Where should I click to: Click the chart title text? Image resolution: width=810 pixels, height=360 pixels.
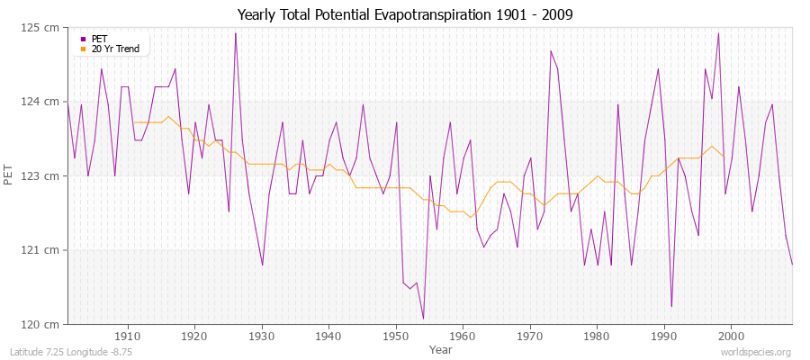(x=405, y=15)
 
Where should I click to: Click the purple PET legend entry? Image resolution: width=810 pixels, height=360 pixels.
(x=99, y=39)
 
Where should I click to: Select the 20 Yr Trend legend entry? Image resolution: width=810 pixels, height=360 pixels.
(x=115, y=49)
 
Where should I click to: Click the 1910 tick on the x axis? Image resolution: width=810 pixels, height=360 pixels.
(x=128, y=337)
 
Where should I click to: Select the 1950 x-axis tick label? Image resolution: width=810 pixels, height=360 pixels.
(x=395, y=337)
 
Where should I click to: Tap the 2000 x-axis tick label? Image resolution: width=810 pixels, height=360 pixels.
(x=730, y=337)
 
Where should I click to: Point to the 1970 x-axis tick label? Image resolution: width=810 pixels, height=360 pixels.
(x=529, y=337)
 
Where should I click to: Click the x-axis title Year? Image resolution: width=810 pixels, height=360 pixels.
(x=441, y=349)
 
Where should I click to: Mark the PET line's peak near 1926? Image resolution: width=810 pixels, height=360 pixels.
(x=236, y=33)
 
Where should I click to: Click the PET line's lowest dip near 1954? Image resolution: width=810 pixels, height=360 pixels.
(x=423, y=319)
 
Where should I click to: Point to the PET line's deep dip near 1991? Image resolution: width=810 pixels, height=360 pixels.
(x=670, y=307)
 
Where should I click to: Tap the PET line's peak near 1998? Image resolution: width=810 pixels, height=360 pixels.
(x=718, y=33)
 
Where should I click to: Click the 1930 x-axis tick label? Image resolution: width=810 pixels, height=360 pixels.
(x=262, y=337)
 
